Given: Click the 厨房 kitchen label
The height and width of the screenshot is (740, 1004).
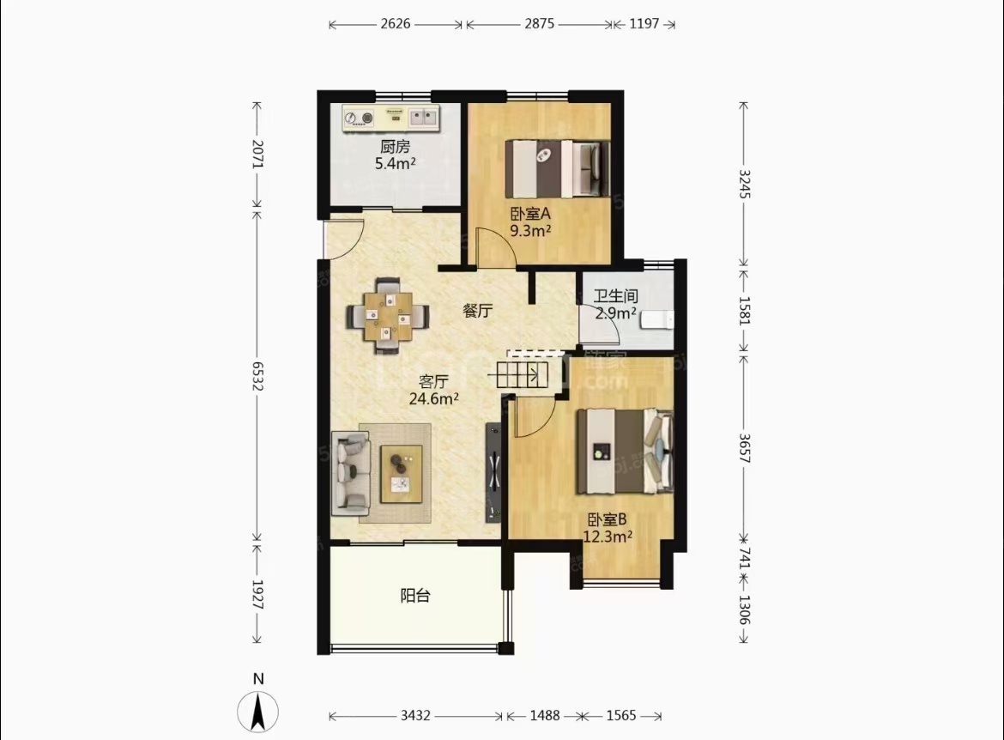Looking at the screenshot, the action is (395, 147).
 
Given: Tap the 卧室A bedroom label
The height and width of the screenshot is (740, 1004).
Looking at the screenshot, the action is (530, 214).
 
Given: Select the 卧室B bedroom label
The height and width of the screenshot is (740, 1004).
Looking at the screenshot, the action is (607, 519).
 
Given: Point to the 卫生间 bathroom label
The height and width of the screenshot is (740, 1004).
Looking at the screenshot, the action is (615, 296).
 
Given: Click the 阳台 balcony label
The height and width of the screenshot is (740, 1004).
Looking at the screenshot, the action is (415, 596).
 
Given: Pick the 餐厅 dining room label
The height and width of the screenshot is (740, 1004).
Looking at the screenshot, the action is (478, 311).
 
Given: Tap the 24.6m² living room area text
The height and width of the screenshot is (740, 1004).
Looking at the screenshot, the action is (433, 399).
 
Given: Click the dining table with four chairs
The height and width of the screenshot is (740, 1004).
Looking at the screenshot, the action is (388, 316).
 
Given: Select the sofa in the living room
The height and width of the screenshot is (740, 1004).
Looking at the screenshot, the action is (350, 474).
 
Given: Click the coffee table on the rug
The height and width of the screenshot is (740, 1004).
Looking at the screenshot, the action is (402, 474).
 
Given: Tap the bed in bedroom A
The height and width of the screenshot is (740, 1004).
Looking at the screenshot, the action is (557, 169).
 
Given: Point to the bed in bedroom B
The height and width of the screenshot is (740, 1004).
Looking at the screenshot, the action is (625, 451).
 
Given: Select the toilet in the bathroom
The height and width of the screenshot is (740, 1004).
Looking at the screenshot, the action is (657, 318).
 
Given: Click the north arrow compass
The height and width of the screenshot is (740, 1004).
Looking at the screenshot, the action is (258, 711).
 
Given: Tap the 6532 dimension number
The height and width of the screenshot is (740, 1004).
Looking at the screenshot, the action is (257, 376).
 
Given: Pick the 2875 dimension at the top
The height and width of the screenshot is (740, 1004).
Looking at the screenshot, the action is (539, 24).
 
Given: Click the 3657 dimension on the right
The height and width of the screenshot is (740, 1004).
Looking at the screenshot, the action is (744, 448).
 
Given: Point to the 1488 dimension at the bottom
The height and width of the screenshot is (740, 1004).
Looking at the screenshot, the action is (544, 716).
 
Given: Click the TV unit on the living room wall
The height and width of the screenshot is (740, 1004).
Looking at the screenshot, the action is (493, 473).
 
